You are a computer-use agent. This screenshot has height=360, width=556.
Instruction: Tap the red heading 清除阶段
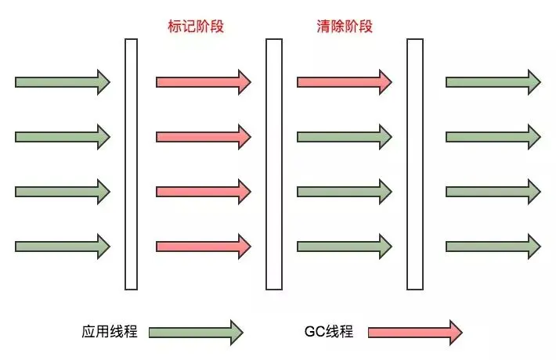click(338, 27)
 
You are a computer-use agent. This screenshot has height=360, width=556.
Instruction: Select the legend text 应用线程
click(109, 331)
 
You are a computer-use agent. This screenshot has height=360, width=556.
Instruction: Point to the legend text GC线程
click(329, 331)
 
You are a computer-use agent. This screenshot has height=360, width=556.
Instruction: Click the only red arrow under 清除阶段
click(344, 81)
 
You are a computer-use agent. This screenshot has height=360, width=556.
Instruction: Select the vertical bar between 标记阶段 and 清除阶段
click(273, 164)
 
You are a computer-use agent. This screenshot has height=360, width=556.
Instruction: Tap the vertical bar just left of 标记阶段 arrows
click(131, 164)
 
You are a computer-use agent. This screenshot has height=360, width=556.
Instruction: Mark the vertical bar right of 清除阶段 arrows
click(414, 164)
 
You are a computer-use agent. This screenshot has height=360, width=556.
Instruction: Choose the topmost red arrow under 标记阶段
click(203, 81)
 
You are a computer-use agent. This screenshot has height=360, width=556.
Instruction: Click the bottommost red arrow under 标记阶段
click(203, 246)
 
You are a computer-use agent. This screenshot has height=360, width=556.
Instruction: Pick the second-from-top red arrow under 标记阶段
click(203, 136)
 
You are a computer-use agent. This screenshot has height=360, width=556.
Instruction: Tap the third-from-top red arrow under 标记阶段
click(203, 191)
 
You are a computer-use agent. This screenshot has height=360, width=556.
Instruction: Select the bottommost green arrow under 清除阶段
click(344, 246)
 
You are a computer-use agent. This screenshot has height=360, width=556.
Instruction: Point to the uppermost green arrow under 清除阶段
click(344, 136)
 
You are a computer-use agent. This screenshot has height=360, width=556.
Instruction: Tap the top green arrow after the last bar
click(493, 81)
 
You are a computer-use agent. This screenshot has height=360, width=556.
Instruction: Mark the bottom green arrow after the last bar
click(493, 246)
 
